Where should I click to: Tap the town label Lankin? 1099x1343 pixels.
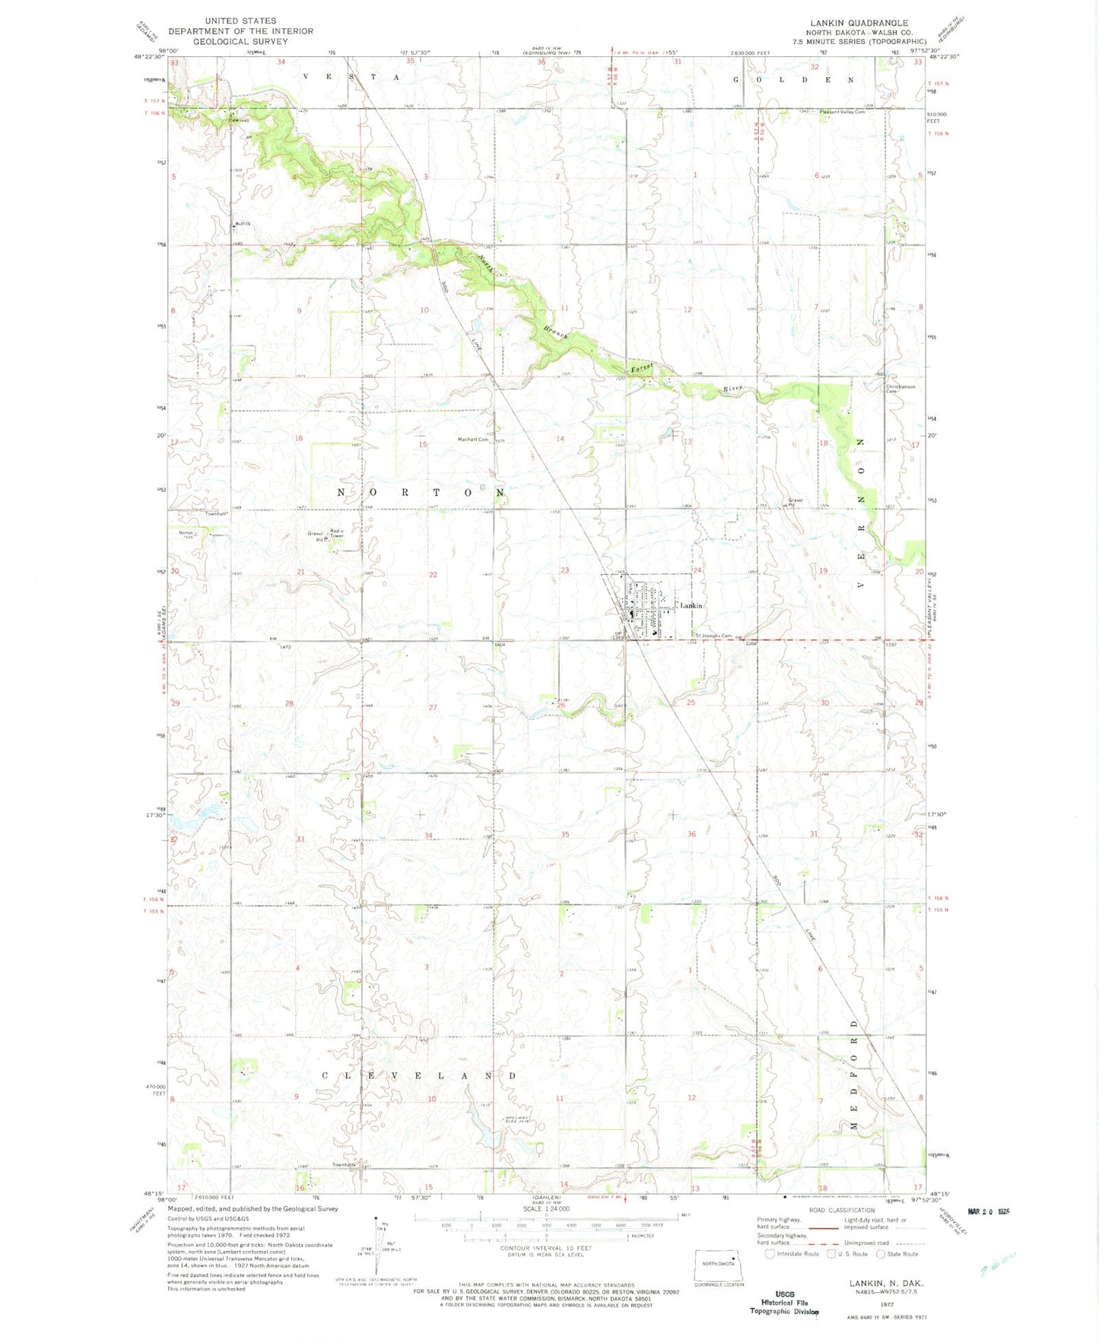[x=691, y=605]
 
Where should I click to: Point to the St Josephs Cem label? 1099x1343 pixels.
[x=712, y=636]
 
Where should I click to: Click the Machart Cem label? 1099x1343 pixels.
[x=472, y=440]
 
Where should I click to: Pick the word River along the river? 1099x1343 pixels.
[x=732, y=389]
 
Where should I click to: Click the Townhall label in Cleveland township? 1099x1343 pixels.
[x=343, y=1165]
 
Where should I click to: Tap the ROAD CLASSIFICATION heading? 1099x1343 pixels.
[x=841, y=1210]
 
